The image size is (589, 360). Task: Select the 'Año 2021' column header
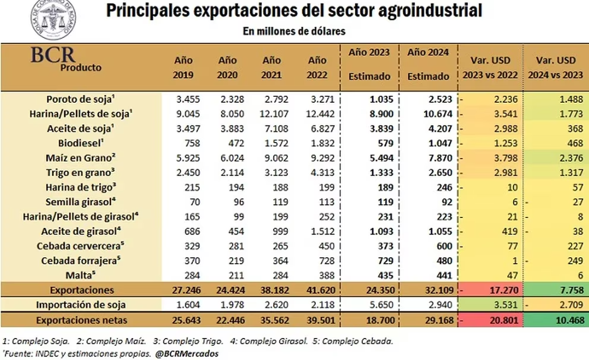pos(271,67)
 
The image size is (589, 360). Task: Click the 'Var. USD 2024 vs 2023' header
pos(556,67)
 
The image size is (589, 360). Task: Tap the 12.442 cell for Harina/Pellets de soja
pos(320,114)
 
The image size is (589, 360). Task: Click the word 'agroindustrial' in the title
pos(425,11)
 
